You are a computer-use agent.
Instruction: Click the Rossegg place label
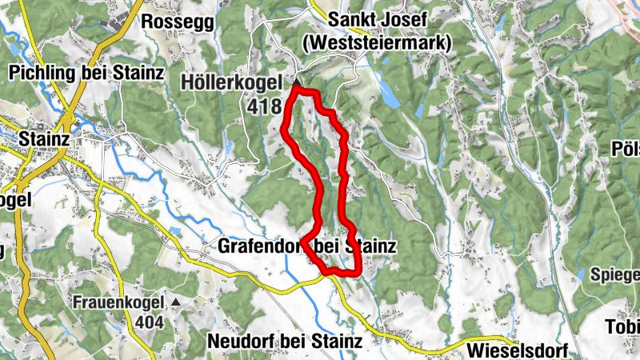click(x=178, y=22)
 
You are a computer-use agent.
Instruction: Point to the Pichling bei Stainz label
click(x=86, y=73)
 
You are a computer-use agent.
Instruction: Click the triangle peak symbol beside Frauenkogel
click(x=177, y=302)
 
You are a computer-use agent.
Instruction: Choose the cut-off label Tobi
click(x=623, y=329)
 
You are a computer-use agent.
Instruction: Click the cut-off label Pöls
click(x=624, y=149)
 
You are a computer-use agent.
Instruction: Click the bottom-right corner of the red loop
click(x=358, y=272)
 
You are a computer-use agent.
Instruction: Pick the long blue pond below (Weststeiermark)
click(x=389, y=95)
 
